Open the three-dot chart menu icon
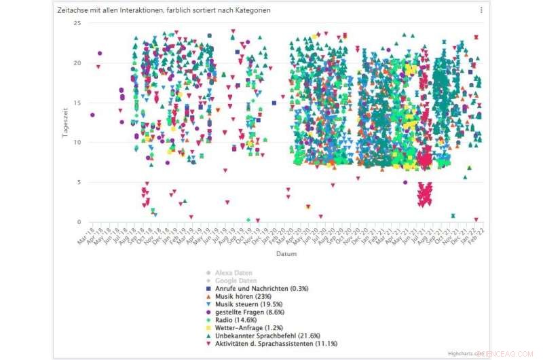pyautogui.click(x=481, y=10)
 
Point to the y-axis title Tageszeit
pyautogui.click(x=66, y=122)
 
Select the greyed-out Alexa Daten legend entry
pyautogui.click(x=233, y=272)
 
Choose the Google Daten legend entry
pyautogui.click(x=235, y=281)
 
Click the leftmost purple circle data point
pyautogui.click(x=92, y=115)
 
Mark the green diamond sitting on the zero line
pyautogui.click(x=248, y=220)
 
